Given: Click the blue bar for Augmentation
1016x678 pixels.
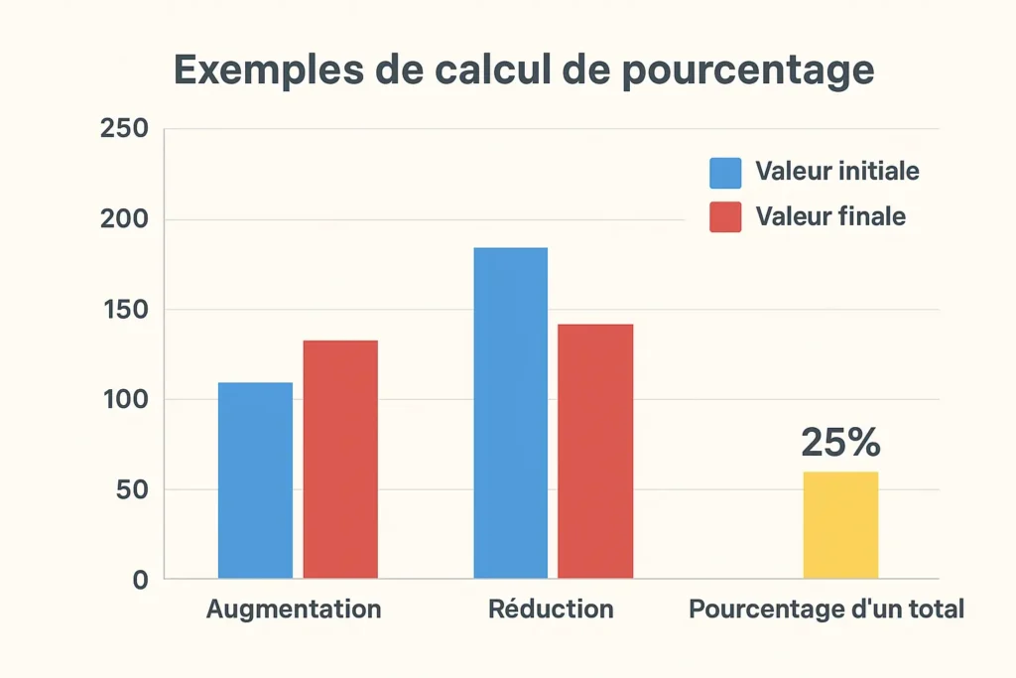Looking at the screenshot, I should pos(255,480).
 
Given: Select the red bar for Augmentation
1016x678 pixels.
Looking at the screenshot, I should pos(340,460).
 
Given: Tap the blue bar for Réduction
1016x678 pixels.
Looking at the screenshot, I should pos(510,413).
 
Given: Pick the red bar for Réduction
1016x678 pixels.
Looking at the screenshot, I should pos(595,452).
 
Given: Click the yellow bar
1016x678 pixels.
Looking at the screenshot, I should pos(840,525).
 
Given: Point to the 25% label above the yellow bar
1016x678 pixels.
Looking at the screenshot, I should pos(840,443).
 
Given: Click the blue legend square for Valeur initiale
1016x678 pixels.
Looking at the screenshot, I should pos(725,172).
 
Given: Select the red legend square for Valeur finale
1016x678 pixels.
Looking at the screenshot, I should pos(725,216).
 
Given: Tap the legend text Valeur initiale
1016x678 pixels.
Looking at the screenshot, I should pos(836,171).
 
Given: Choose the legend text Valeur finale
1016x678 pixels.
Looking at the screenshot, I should pos(830,215).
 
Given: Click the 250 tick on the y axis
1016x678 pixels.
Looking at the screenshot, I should pos(125,129).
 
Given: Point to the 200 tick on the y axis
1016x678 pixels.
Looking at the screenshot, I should pos(125,219).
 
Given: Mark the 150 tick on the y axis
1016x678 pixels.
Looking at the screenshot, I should pos(125,310).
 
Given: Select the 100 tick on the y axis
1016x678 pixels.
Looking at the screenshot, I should pos(125,400).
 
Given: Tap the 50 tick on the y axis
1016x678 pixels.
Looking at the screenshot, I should pos(132,490).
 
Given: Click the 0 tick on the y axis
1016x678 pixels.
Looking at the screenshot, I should pos(140,580).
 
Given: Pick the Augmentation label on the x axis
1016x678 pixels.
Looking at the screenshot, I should pos(294,609).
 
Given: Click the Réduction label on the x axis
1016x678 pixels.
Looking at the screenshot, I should pos(551,609).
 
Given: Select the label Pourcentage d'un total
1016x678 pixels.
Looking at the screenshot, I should pos(826,609).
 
